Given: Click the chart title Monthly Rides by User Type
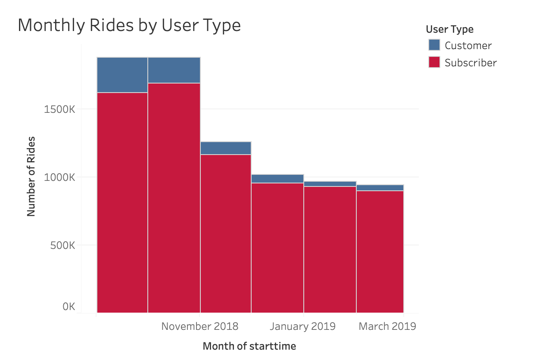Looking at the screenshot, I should pyautogui.click(x=129, y=25).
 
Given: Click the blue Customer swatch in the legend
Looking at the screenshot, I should pyautogui.click(x=434, y=45).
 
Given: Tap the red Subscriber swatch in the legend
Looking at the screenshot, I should pyautogui.click(x=434, y=62).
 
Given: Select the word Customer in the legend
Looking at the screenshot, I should pyautogui.click(x=468, y=45).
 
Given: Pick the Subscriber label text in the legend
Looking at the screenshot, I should pyautogui.click(x=471, y=62).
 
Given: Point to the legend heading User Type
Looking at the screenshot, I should pyautogui.click(x=449, y=29).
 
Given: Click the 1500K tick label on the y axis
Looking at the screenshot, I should pyautogui.click(x=59, y=109).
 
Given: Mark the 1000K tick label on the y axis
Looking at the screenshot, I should pyautogui.click(x=59, y=177).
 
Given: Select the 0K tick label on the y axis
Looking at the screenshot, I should pyautogui.click(x=69, y=307).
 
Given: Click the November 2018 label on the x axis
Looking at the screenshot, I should pyautogui.click(x=199, y=326).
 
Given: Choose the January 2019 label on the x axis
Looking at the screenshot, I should pyautogui.click(x=302, y=326).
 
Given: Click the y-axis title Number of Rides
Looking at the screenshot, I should pyautogui.click(x=31, y=177).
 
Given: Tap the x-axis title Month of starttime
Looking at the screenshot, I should pyautogui.click(x=249, y=346).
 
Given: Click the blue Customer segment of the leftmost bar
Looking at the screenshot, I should pyautogui.click(x=122, y=74).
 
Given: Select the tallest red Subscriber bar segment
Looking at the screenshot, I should pyautogui.click(x=174, y=198).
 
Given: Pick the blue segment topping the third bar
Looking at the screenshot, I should pyautogui.click(x=226, y=148).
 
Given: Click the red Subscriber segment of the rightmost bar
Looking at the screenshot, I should pyautogui.click(x=380, y=251).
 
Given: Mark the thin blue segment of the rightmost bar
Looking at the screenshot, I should pyautogui.click(x=380, y=188).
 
